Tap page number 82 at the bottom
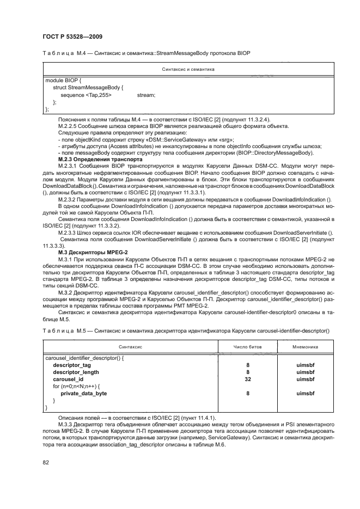pos(46,463)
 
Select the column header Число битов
pos(247,346)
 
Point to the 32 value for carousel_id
pos(247,379)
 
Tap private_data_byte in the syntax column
pos(83,393)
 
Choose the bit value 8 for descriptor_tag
pos(247,365)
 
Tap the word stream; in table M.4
pos(146,95)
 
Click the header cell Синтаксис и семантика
pos(188,69)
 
